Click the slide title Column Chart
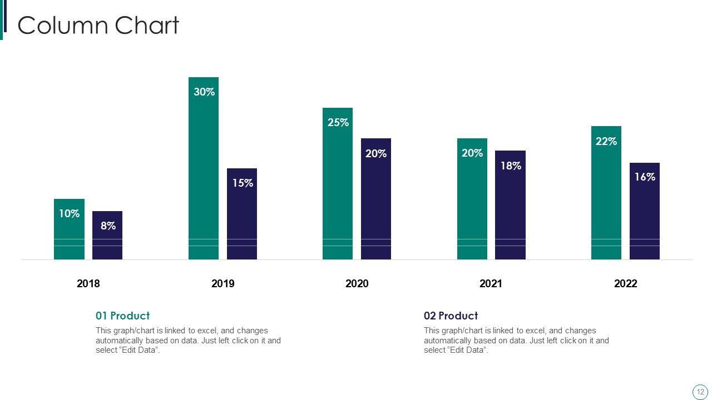(x=98, y=26)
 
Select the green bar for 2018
(x=69, y=233)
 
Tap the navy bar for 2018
(x=107, y=239)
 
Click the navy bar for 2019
(x=242, y=217)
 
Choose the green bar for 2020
(x=338, y=189)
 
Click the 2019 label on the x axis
(x=223, y=284)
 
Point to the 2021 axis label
(x=491, y=284)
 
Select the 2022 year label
(x=625, y=284)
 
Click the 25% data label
(x=338, y=123)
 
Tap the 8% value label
(x=108, y=226)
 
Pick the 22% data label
(x=606, y=142)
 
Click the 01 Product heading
(x=122, y=316)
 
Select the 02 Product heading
(x=451, y=316)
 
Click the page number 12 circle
(x=700, y=392)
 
